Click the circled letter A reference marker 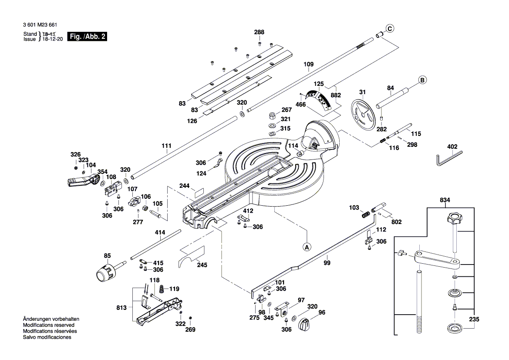pyautogui.click(x=307, y=246)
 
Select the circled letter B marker pyautogui.click(x=422, y=80)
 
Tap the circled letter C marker pyautogui.click(x=390, y=29)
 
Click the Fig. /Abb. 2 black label pyautogui.click(x=88, y=37)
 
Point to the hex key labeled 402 pyautogui.click(x=449, y=156)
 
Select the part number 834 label pyautogui.click(x=445, y=200)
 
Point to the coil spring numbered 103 pyautogui.click(x=365, y=215)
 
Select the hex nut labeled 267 pyautogui.click(x=270, y=116)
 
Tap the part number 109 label pyautogui.click(x=308, y=65)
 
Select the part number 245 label pyautogui.click(x=202, y=265)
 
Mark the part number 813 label pyautogui.click(x=122, y=308)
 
